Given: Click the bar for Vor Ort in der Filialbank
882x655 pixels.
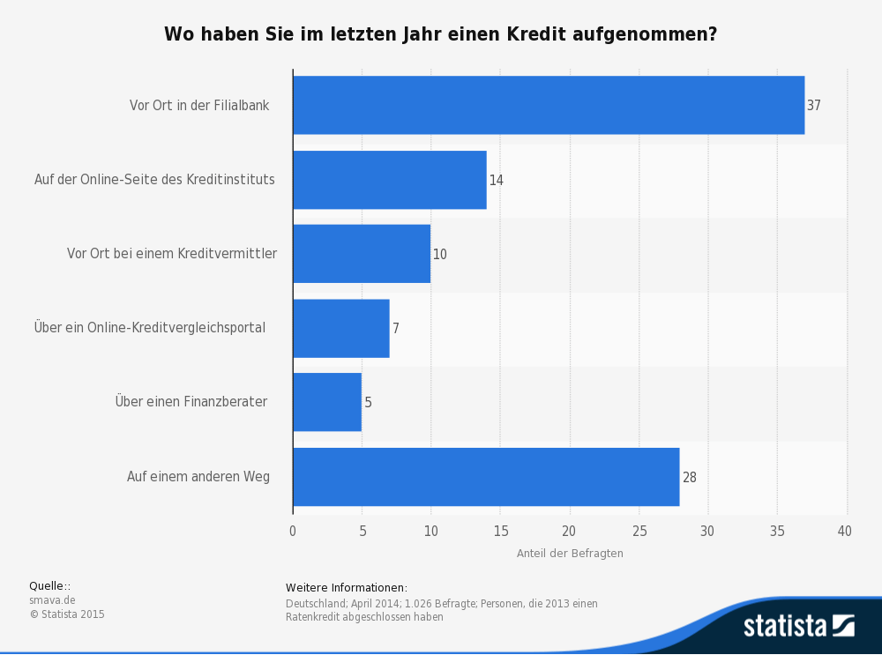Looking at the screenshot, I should point(548,105).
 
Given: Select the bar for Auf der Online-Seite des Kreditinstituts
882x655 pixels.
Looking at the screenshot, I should point(389,180).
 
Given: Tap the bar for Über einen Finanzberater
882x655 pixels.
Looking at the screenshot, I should point(326,402).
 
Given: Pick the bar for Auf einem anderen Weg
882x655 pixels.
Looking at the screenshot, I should point(485,477).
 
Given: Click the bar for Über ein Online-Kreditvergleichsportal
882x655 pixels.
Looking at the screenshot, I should point(340,328).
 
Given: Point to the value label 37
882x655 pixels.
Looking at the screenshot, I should point(813,105).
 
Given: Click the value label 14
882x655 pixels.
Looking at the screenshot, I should point(496,180).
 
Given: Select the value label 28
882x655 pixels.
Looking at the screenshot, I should point(689,477).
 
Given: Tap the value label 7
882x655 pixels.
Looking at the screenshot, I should point(396,328).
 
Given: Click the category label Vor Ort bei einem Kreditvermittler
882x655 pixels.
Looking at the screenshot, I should point(172,254).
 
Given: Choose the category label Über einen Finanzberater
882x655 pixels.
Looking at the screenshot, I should point(191,402).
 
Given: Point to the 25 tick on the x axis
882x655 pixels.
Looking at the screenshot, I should point(639,531).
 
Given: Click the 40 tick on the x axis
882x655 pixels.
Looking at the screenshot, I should point(845,531).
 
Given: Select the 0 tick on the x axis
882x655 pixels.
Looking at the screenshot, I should point(293,531).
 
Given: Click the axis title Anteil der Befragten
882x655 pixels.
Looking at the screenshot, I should point(570,554).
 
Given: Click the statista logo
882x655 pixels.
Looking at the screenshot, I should point(798,626).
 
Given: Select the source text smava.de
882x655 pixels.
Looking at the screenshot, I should point(52,600).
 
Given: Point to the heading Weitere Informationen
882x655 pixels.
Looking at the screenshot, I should point(346,588).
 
